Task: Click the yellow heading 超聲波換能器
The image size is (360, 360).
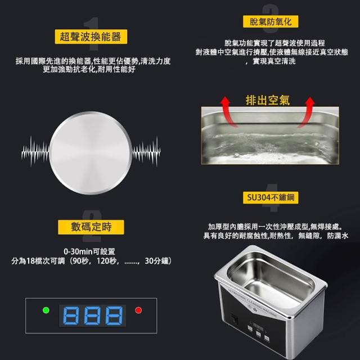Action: point(91,37)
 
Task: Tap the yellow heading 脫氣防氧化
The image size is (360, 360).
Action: point(271,21)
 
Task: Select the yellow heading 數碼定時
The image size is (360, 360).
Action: point(91,227)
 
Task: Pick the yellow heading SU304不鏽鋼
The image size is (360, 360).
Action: point(271,197)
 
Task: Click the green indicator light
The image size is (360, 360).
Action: point(46,310)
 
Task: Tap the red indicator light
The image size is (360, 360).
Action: point(138,310)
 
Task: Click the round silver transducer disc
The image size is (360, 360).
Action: point(91,153)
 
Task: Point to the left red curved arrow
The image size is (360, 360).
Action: point(228,111)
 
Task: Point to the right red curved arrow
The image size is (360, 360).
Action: point(307,111)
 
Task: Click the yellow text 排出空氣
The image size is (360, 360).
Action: point(268,100)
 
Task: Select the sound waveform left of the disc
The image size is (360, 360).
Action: point(35,151)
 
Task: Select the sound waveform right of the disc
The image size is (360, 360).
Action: point(146,151)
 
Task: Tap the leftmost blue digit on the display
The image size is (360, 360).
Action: point(71,316)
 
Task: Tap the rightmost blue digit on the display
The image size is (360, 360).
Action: point(114,316)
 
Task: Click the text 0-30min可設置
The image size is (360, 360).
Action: point(89,251)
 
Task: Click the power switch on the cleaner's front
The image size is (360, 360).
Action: point(235,319)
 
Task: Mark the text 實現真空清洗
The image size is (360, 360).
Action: point(274,61)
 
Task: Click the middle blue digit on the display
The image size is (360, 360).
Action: point(92,316)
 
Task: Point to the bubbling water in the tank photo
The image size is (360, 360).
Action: point(270,147)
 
